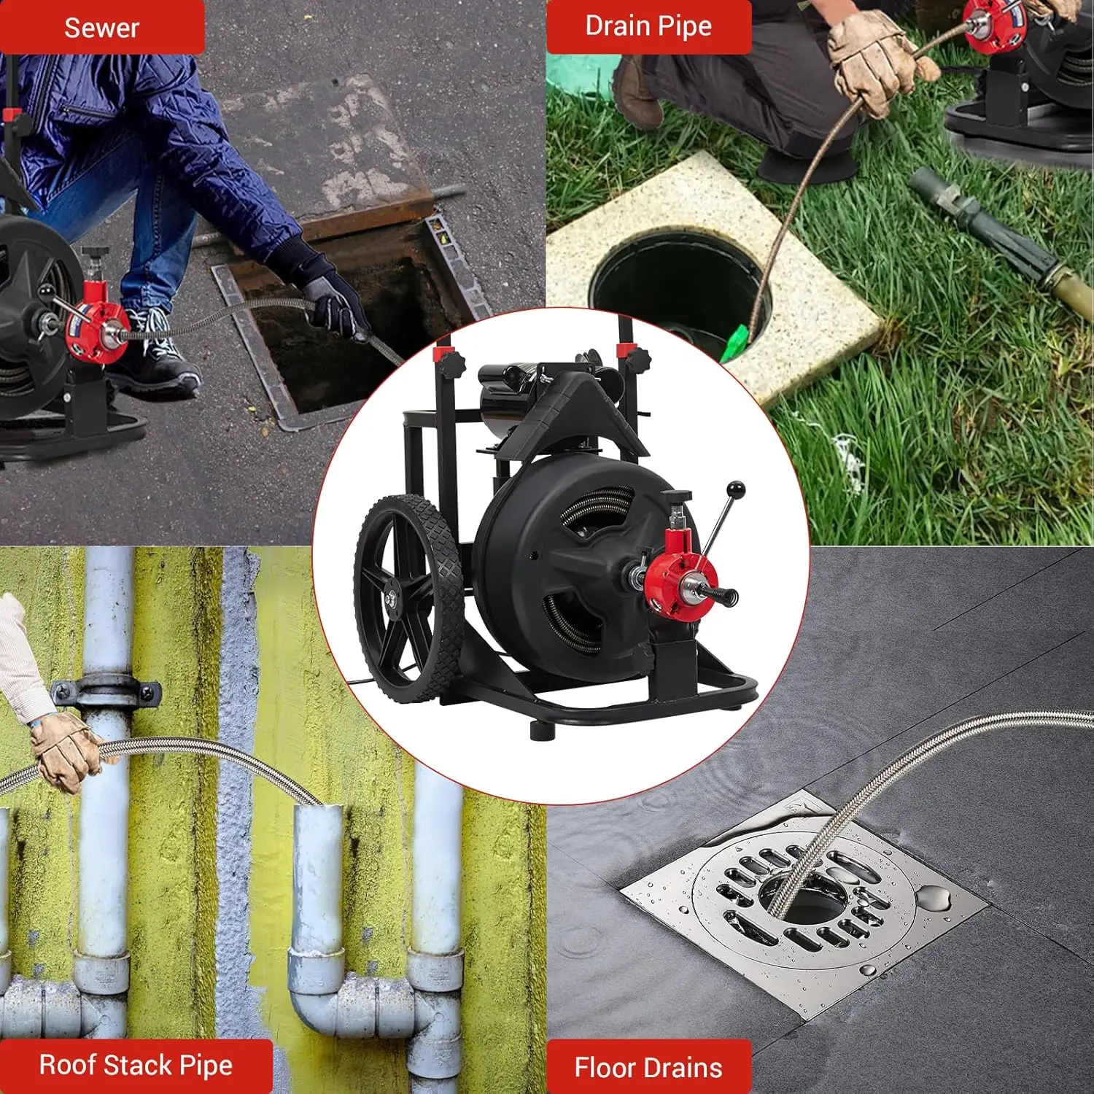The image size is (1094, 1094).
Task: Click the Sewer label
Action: pos(101,28)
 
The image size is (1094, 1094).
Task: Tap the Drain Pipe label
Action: pos(648,26)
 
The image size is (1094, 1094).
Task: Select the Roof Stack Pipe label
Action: pos(136,1066)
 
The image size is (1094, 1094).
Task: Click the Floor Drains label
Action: pos(648,1068)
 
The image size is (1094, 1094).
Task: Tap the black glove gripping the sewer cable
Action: pos(332,299)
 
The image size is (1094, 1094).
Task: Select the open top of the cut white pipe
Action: pos(319,810)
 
